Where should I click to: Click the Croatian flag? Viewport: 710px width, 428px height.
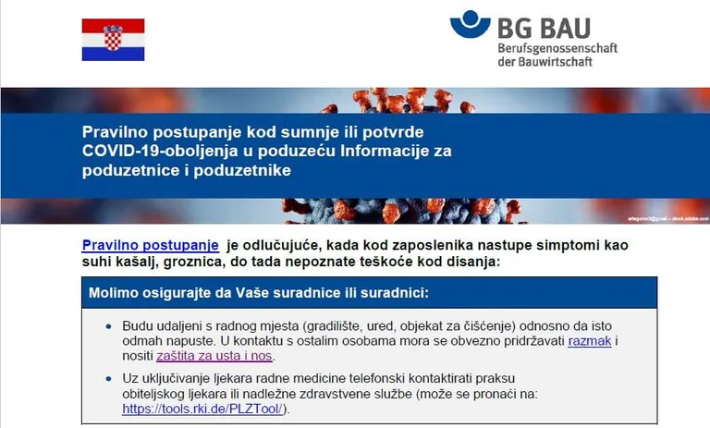click(x=113, y=39)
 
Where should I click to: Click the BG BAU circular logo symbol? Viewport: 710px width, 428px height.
click(x=470, y=24)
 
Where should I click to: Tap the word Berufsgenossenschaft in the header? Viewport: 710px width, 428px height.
click(x=557, y=47)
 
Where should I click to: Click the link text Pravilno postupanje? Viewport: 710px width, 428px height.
click(x=150, y=245)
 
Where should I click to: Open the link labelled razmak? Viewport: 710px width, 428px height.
click(x=589, y=341)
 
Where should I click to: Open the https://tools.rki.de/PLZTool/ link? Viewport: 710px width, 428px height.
click(x=203, y=408)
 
